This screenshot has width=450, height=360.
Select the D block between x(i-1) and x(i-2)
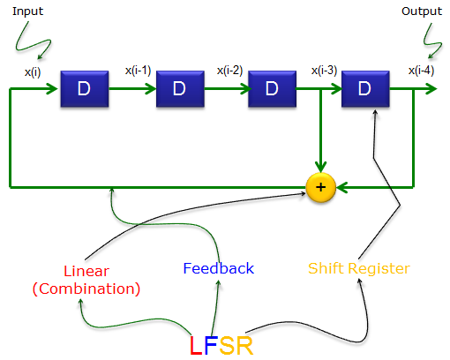point(179,88)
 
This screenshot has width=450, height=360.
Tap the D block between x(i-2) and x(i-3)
point(271,88)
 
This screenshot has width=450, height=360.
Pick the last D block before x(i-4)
point(364,88)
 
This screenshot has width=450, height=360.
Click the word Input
point(26,11)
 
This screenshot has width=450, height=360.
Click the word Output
point(422,11)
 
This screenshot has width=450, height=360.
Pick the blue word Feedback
point(218,268)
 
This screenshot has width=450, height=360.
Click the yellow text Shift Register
point(358,268)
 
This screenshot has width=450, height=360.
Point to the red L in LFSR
point(195,345)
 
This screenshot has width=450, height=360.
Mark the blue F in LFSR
point(210,345)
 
